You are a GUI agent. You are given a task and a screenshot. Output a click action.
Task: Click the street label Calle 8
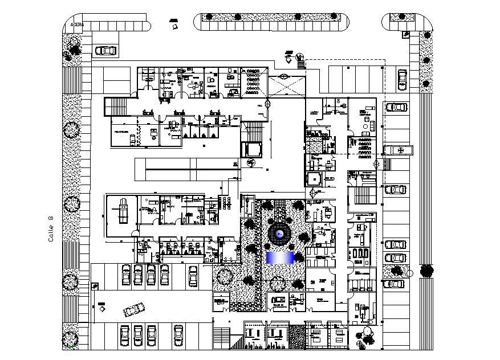click(51, 228)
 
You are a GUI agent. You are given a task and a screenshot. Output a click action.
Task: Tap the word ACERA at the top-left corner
click(76, 25)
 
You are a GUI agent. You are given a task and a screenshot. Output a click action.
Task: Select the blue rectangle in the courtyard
click(279, 257)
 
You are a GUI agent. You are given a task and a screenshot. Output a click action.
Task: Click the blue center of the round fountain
click(279, 234)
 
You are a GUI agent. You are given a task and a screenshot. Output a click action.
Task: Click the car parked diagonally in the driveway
click(134, 309)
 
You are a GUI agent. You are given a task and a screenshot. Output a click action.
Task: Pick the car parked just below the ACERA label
click(105, 51)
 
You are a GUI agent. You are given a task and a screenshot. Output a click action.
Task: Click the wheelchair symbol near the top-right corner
click(405, 35)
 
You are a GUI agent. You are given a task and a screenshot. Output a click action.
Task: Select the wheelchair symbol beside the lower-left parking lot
click(95, 287)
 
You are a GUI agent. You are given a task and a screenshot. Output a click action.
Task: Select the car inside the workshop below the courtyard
click(280, 300)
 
